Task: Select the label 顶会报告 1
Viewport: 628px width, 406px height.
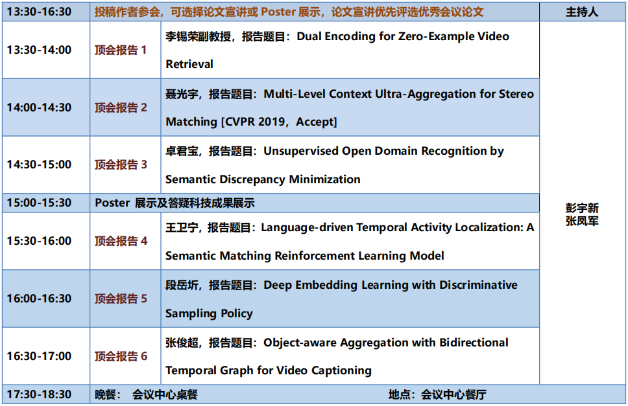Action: (x=121, y=50)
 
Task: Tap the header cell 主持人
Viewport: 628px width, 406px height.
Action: (x=582, y=12)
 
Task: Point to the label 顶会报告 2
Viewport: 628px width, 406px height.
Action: (x=121, y=107)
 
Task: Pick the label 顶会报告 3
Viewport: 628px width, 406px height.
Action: (x=121, y=164)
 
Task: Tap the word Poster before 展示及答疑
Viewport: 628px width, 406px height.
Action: (x=112, y=203)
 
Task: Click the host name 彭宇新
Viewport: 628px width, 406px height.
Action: (x=582, y=209)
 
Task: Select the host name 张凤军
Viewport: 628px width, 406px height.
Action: (x=582, y=221)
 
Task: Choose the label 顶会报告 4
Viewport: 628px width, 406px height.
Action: (x=121, y=241)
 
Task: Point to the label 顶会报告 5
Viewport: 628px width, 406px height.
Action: (x=121, y=299)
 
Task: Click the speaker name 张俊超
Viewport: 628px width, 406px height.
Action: (x=182, y=343)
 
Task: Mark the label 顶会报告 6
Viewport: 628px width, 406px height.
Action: (x=121, y=356)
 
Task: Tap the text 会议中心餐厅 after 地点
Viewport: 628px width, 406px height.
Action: (x=453, y=395)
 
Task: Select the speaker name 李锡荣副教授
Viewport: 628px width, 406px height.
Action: (x=199, y=37)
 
